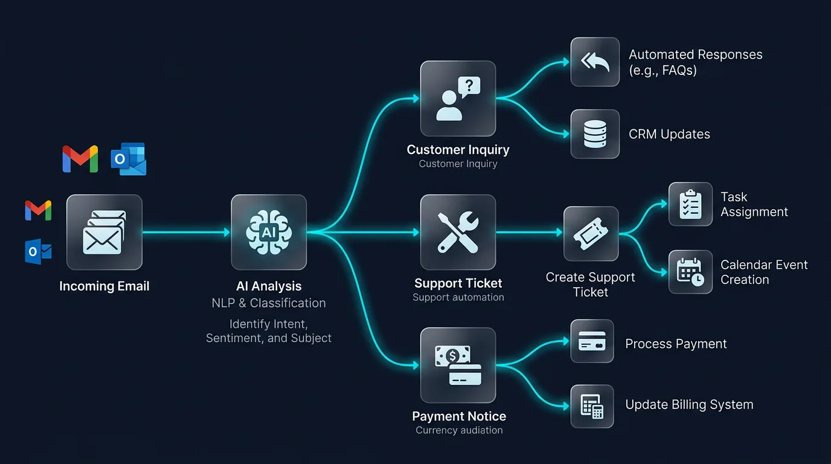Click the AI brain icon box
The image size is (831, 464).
(269, 232)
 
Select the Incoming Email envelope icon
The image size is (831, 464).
(104, 232)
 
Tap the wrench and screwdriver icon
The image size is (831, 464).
(458, 232)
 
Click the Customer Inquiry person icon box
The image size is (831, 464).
(458, 98)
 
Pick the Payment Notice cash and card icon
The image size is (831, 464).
(458, 365)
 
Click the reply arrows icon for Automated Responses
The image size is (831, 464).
(595, 62)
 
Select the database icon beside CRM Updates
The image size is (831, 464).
(595, 134)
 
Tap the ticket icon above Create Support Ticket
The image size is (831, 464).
(591, 234)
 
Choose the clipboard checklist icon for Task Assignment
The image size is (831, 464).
(690, 204)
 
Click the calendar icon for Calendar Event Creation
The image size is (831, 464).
(690, 272)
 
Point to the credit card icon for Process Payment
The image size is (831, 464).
(592, 341)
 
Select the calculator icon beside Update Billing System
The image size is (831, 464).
(592, 406)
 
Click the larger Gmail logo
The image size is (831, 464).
(80, 159)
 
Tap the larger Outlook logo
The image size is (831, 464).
(129, 159)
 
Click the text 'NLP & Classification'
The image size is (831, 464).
(269, 303)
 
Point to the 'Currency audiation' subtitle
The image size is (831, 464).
(459, 430)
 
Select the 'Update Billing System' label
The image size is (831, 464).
(689, 405)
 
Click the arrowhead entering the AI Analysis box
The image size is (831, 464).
(226, 232)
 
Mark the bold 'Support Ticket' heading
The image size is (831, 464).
(458, 283)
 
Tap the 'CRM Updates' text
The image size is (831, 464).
(669, 134)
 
